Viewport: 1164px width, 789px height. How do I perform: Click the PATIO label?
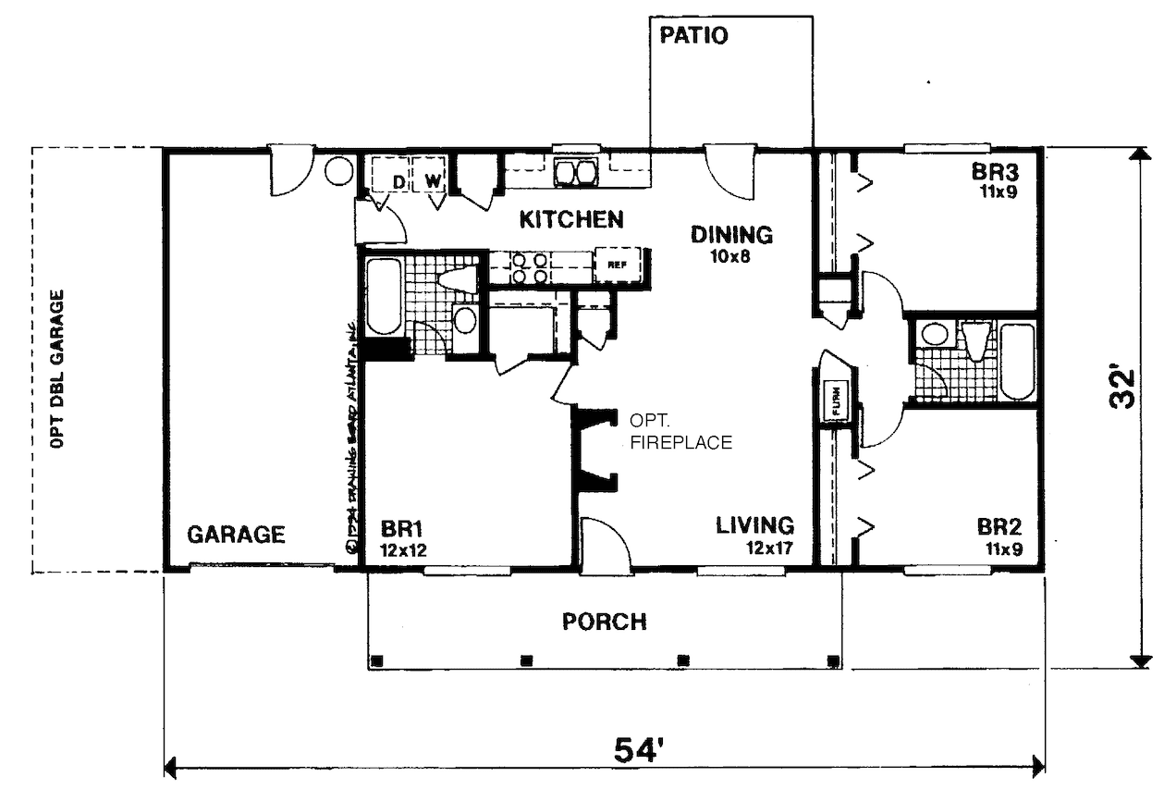694,36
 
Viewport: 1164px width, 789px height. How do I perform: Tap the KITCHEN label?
570,220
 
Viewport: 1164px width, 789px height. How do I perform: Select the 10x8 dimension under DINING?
730,256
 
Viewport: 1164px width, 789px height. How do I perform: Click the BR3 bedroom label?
994,173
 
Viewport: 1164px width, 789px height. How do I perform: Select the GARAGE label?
236,535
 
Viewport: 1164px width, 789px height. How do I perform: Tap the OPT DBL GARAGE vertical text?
59,369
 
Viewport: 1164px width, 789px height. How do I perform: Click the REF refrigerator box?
617,265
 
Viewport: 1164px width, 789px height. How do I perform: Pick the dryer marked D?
398,181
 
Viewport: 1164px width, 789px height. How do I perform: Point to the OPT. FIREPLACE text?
680,431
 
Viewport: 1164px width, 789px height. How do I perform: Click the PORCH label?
605,622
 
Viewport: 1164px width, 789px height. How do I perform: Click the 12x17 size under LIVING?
771,548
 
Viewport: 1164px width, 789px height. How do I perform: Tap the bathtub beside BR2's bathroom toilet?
1018,362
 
